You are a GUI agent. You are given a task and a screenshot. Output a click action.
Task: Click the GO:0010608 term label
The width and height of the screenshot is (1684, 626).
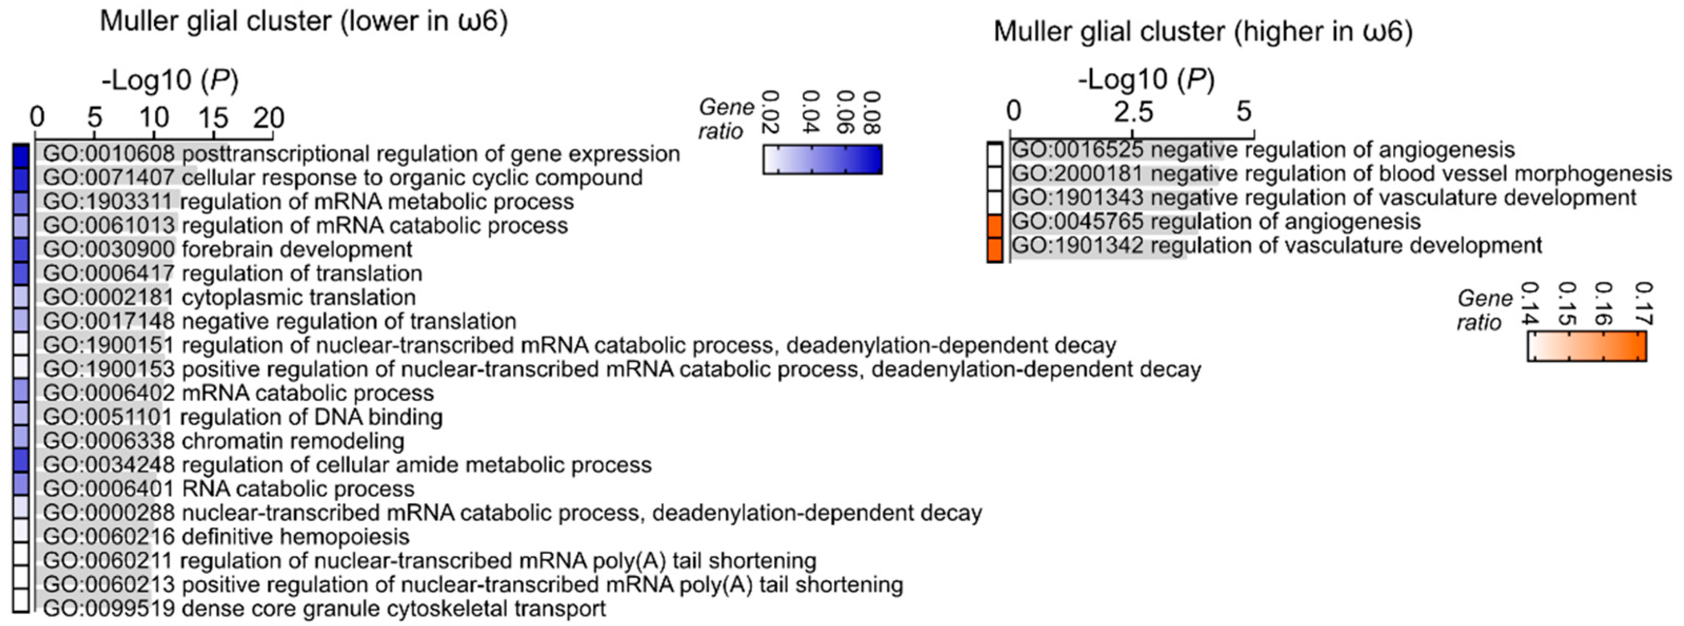[362, 154]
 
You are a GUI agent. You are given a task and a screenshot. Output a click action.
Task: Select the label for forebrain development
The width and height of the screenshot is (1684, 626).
[227, 249]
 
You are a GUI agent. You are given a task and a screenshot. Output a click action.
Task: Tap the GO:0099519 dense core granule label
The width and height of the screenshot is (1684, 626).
[324, 608]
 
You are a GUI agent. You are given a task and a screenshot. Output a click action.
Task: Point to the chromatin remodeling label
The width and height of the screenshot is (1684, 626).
[224, 441]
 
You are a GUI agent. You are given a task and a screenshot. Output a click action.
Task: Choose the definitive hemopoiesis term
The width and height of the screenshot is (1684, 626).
[226, 536]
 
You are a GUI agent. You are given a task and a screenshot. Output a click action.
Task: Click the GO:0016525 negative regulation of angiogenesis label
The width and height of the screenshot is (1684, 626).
[1263, 150]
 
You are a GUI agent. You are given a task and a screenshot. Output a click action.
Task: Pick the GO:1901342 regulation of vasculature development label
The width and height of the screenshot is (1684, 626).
[1277, 246]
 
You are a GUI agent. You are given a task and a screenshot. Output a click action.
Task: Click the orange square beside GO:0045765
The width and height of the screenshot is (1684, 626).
[994, 227]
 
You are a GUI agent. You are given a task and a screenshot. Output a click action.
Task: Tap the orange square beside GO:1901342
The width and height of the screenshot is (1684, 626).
[994, 250]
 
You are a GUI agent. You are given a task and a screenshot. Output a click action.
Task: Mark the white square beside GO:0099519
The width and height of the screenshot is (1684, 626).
[21, 601]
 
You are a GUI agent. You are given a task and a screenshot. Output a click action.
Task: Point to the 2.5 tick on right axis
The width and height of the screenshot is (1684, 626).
[1133, 112]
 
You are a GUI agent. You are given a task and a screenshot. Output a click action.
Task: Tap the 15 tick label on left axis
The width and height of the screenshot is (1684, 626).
[213, 118]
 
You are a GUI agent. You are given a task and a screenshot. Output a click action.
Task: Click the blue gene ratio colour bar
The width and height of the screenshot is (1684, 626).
[822, 160]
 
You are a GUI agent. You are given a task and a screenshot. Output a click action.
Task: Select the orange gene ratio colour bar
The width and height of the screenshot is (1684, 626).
[1587, 346]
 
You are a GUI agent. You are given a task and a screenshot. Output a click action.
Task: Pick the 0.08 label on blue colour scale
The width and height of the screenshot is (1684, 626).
[871, 113]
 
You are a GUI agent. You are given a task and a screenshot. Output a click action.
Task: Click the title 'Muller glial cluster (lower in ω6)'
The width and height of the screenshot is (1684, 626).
[304, 22]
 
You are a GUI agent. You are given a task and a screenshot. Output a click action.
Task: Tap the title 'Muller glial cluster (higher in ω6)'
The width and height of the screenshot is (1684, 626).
[1203, 32]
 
